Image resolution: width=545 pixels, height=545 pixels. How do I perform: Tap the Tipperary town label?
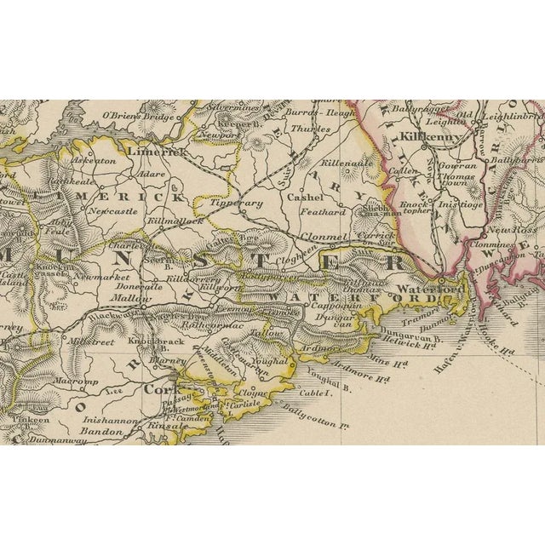coord(238,204)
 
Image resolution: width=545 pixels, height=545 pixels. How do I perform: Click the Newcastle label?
coord(112,209)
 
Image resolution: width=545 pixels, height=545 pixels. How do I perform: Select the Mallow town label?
coord(132,299)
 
